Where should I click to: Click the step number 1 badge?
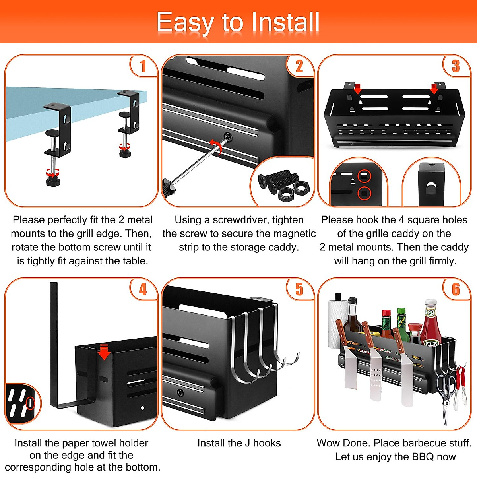tap(143, 66)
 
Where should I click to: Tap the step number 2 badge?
tap(300, 66)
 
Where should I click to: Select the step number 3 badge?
tap(456, 66)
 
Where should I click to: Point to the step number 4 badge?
tap(143, 289)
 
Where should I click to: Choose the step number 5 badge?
tap(300, 289)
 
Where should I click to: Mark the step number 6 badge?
tap(456, 289)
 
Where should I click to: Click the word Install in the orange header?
tap(285, 22)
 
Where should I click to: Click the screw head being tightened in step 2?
tap(228, 136)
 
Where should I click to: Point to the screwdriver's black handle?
tap(169, 187)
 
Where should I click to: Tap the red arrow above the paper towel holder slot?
tap(104, 351)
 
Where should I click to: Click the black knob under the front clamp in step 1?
tap(53, 181)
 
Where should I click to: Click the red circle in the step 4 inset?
tap(30, 403)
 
